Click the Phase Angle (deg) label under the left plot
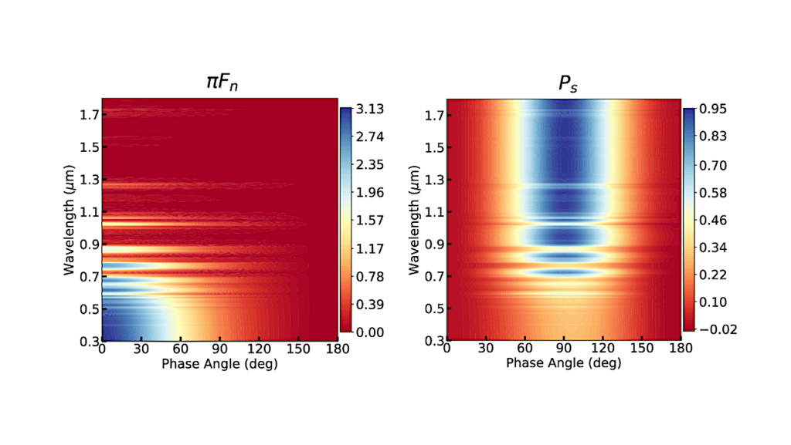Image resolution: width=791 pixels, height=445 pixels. pyautogui.click(x=219, y=363)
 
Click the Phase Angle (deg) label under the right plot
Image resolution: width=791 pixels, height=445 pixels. pyautogui.click(x=564, y=363)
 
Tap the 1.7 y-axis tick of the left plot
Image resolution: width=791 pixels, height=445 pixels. pyautogui.click(x=90, y=115)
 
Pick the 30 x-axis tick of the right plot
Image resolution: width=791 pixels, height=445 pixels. pyautogui.click(x=486, y=349)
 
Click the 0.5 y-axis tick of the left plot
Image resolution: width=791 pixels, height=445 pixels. pyautogui.click(x=90, y=308)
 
